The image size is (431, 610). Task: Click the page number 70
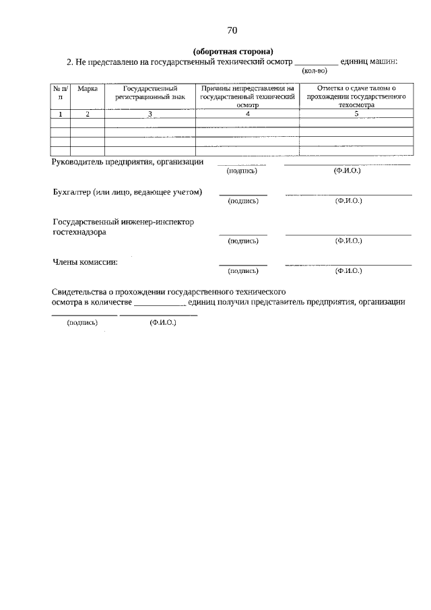tap(232, 30)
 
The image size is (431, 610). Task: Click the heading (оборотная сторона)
tap(232, 51)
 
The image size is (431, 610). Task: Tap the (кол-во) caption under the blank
tap(314, 71)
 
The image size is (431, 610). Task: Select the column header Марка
tap(88, 88)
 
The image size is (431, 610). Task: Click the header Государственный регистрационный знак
tap(150, 92)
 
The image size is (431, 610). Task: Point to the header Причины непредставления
tap(247, 88)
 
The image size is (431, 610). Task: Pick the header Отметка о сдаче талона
tap(356, 88)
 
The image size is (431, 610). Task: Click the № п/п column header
tap(61, 92)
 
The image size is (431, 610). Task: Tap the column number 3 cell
tap(150, 114)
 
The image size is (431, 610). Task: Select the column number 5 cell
tap(356, 114)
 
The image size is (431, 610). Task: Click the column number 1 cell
tap(61, 114)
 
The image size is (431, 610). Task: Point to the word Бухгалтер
tap(71, 192)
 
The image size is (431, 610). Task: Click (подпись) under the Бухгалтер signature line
tap(242, 201)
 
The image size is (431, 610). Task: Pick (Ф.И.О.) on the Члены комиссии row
tap(348, 271)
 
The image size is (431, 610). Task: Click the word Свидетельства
tap(79, 291)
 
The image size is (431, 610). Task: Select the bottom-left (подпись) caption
tap(82, 323)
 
